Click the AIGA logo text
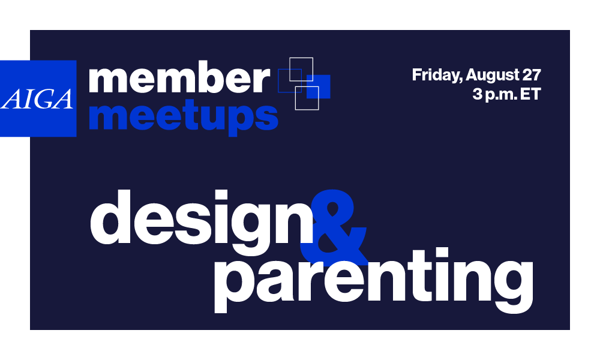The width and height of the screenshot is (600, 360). [38, 99]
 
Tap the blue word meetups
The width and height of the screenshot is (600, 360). [183, 116]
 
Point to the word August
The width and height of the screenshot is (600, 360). [494, 76]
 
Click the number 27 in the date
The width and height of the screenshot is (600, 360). [532, 76]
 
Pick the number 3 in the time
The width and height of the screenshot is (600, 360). [476, 95]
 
